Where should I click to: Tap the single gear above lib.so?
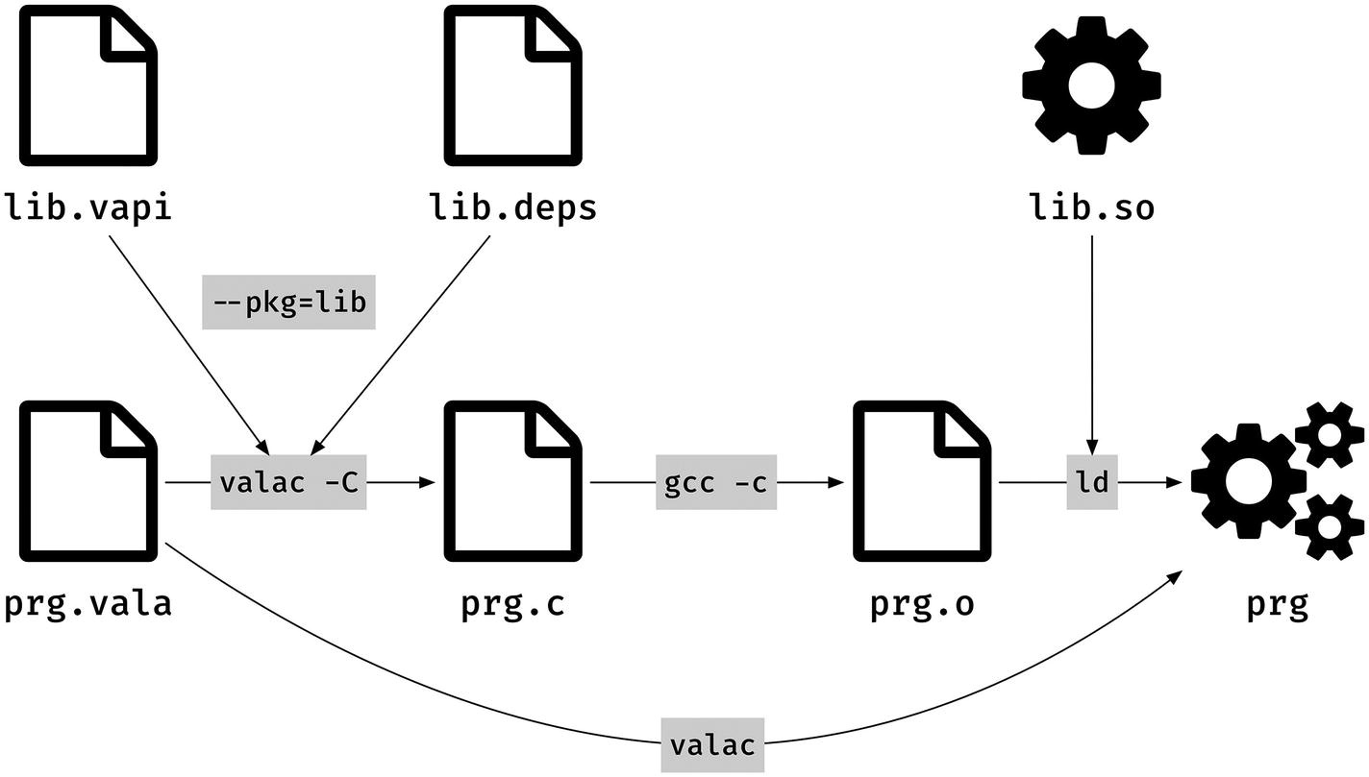pos(1091,85)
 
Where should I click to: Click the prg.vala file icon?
pos(89,481)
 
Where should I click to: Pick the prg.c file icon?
pos(512,481)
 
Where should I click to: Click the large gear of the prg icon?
pos(1246,480)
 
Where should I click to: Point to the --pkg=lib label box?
pos(288,303)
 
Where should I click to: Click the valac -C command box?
pos(288,482)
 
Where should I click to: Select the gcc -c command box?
pos(716,482)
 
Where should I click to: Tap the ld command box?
pos(1092,482)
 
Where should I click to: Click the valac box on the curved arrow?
pos(712,744)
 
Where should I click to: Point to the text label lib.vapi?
pos(89,207)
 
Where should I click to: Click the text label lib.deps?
pos(512,207)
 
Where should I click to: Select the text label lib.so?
pos(1091,207)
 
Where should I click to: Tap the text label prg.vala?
pos(89,604)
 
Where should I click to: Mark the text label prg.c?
pos(512,604)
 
